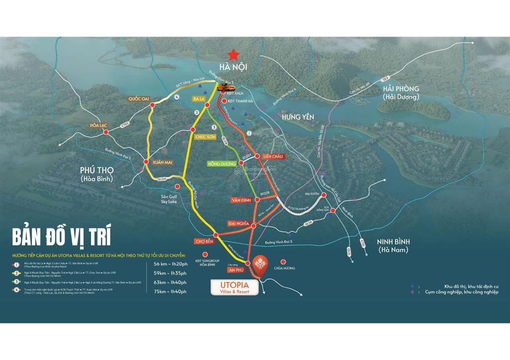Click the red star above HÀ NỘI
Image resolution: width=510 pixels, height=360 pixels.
coord(233,54)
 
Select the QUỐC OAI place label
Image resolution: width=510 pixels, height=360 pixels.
coord(138,99)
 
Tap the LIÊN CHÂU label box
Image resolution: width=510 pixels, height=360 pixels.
coord(273,156)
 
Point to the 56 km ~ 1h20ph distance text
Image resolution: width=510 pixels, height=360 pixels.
coord(171,264)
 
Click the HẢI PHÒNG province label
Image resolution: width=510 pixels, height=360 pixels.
coord(401,92)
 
